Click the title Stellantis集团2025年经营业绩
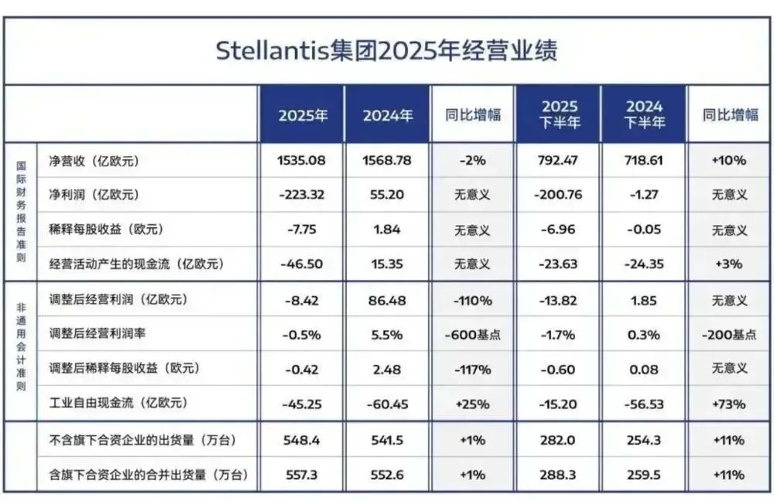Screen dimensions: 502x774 (386, 51)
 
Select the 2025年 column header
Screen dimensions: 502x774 (302, 115)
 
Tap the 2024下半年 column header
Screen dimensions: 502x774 (644, 114)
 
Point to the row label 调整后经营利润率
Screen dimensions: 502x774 (98, 334)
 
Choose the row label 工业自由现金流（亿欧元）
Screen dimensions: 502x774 (118, 403)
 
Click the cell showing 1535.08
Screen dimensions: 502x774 (302, 161)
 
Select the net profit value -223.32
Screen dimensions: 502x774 (302, 195)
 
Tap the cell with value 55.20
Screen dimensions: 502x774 (387, 195)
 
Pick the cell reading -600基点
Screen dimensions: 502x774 (472, 334)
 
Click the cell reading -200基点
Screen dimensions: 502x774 (729, 334)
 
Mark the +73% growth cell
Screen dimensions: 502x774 (729, 403)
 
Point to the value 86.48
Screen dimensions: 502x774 (387, 299)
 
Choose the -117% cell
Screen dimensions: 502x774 (472, 369)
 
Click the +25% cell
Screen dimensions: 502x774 (472, 403)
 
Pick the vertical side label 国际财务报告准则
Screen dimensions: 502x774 (21, 211)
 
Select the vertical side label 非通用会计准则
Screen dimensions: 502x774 (21, 350)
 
